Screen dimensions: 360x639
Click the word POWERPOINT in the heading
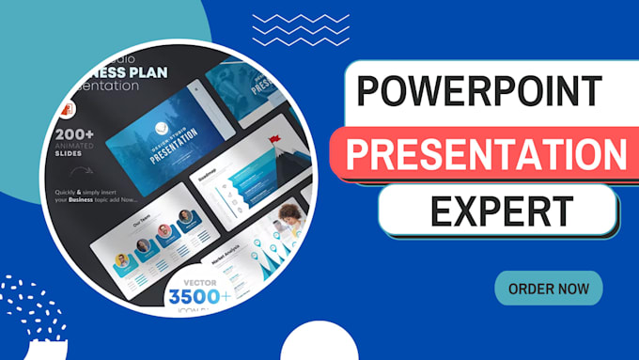click(479, 92)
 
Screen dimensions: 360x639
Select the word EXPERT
click(497, 211)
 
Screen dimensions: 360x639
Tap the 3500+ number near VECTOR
click(199, 298)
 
